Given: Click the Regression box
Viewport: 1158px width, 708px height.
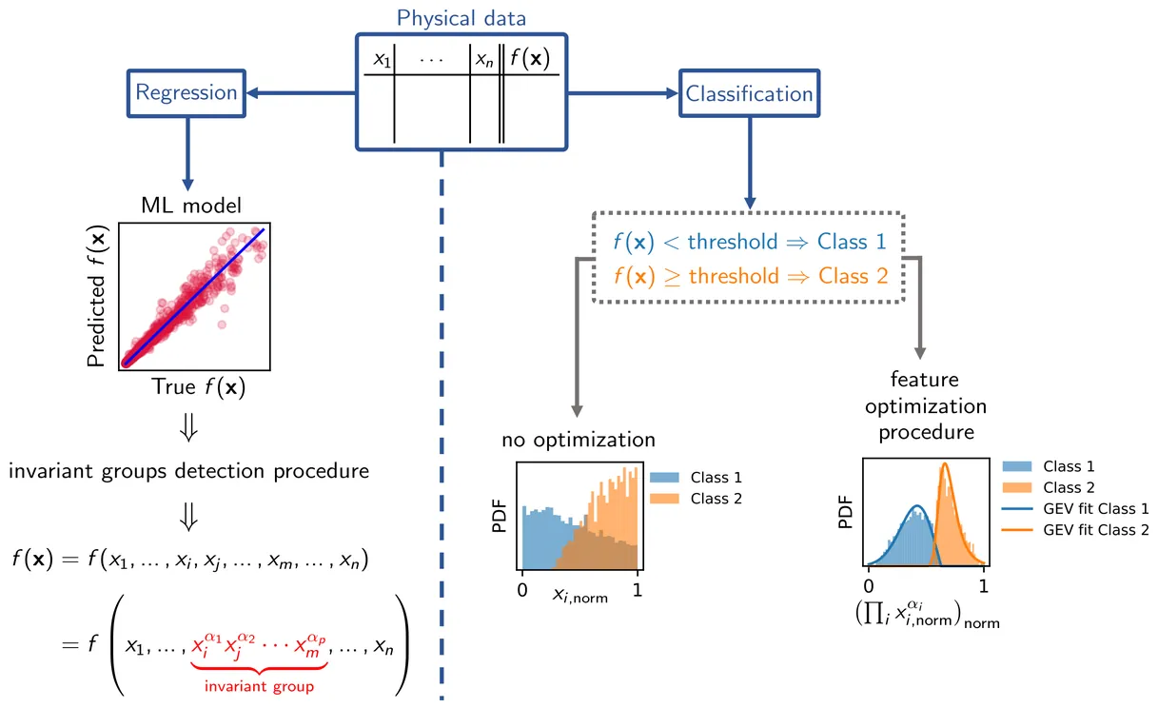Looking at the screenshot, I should (186, 92).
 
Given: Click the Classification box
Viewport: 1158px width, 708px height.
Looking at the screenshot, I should (749, 93).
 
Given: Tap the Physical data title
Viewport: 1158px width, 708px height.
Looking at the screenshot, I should (461, 18).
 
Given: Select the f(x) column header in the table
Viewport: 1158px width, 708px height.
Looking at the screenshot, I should (530, 59).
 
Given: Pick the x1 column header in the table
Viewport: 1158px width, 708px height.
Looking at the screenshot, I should (382, 59).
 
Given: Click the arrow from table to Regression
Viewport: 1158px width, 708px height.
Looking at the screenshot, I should (299, 92).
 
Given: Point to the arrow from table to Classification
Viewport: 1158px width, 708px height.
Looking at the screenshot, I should (623, 93).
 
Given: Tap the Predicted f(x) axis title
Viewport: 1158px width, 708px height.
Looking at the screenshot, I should (96, 297).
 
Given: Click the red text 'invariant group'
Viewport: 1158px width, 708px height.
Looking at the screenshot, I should (253, 684).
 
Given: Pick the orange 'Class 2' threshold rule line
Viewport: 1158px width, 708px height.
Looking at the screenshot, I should (750, 277).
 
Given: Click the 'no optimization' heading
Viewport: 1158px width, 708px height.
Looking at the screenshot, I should (579, 440).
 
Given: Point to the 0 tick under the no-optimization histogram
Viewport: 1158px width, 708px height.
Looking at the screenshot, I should (521, 589).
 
